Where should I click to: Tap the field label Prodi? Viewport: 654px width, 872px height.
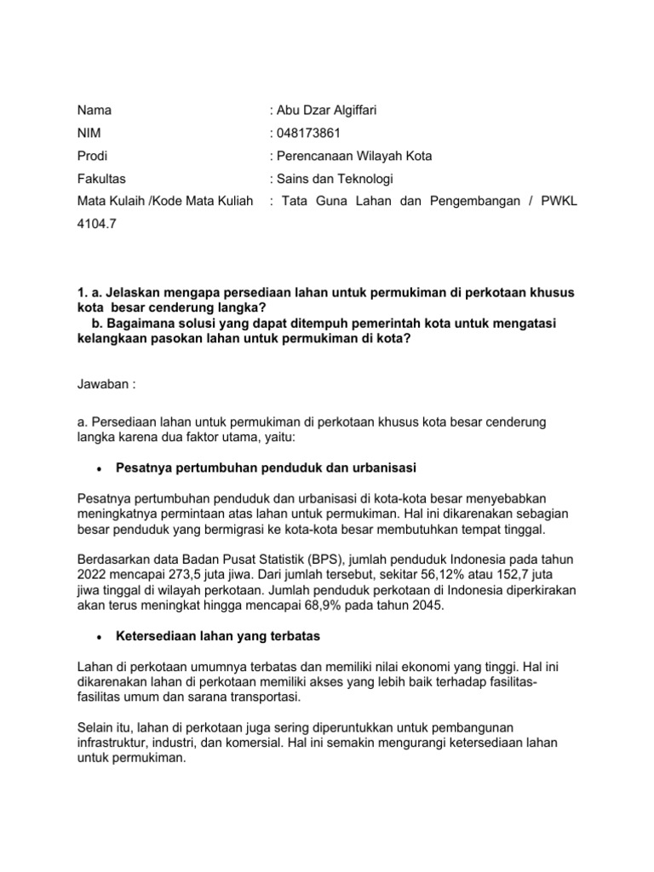coord(92,156)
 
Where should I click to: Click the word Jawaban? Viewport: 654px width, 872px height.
coord(103,384)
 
